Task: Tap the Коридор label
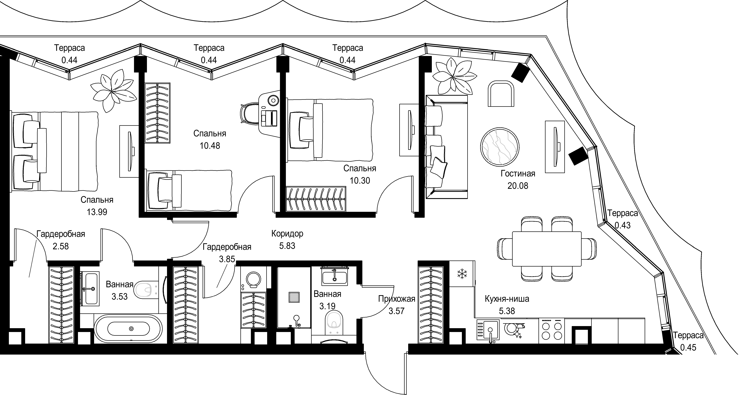pyautogui.click(x=287, y=234)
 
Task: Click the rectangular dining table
pyautogui.click(x=547, y=249)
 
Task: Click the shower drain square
pyautogui.click(x=294, y=297)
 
